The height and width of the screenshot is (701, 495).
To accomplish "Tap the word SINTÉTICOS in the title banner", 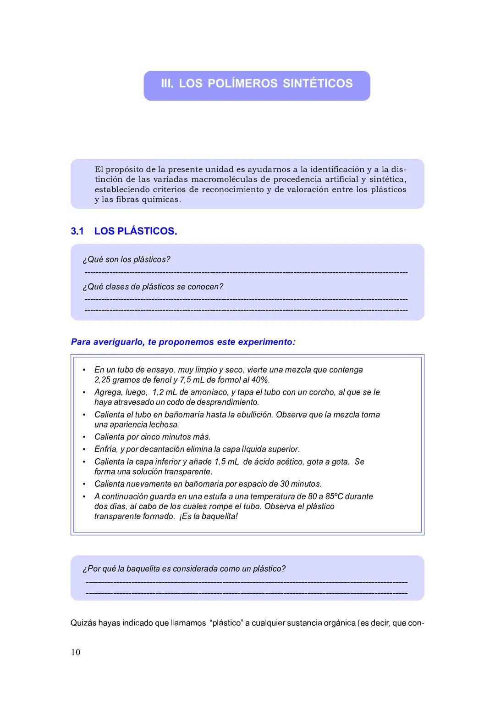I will click(x=318, y=83).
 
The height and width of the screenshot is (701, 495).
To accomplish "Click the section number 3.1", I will click(x=77, y=231).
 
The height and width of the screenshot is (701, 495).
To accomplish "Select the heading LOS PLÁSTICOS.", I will click(x=135, y=231).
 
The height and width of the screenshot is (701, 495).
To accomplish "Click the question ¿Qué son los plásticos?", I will click(x=126, y=260).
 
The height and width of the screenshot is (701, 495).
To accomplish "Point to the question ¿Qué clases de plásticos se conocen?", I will click(x=153, y=287).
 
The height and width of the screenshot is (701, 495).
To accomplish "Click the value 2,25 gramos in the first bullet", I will click(x=116, y=380).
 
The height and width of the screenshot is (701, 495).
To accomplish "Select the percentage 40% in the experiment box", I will click(x=260, y=380).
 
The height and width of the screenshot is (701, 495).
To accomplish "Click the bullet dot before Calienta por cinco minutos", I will click(x=84, y=437).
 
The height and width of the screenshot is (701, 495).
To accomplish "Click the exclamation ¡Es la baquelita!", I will click(x=209, y=517).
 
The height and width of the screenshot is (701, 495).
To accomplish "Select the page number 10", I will click(x=76, y=652).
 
